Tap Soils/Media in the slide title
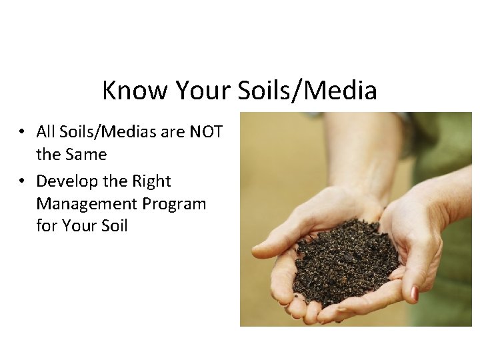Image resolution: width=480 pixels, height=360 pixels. [x=309, y=91]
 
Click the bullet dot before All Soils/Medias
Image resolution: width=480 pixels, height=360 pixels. [x=23, y=133]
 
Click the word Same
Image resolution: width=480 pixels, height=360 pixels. [x=85, y=155]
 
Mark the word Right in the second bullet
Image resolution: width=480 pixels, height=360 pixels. [x=151, y=181]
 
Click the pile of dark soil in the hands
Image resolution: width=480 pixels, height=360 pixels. [x=343, y=263]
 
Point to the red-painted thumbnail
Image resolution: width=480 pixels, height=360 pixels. [x=414, y=293]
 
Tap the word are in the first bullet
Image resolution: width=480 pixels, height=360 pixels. [x=173, y=132]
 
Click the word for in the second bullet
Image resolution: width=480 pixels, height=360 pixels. [x=47, y=226]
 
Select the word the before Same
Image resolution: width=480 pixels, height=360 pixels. [x=48, y=155]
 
